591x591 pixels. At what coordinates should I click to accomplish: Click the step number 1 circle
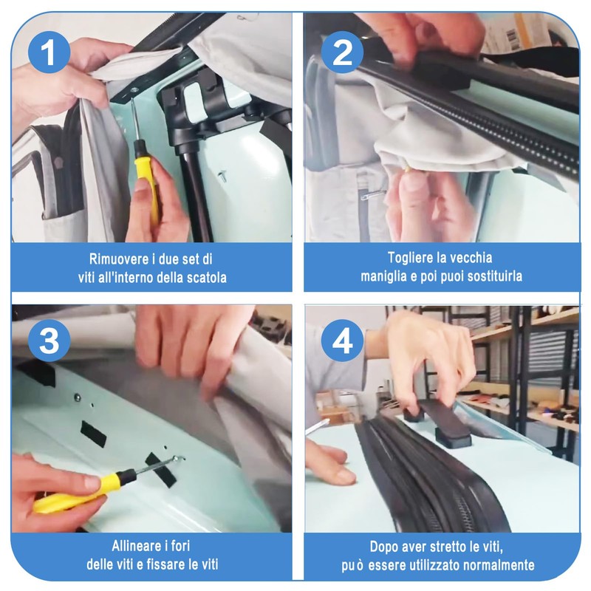(x=48, y=53)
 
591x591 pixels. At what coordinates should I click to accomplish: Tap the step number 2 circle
(x=342, y=53)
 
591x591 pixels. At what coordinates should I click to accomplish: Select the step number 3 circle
(x=48, y=341)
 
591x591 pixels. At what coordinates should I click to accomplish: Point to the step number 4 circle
(x=342, y=341)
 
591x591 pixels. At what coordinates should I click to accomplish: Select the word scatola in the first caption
(x=200, y=278)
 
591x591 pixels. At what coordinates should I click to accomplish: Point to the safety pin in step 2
(x=374, y=194)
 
